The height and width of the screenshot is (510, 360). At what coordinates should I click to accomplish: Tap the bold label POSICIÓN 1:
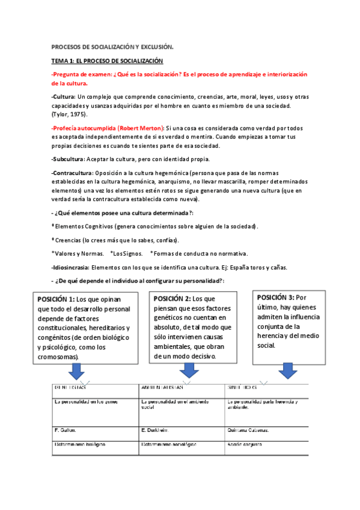tap(56, 300)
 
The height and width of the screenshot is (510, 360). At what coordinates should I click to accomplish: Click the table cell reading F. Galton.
tap(66, 430)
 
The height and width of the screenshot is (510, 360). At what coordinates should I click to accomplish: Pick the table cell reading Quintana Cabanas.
tap(248, 430)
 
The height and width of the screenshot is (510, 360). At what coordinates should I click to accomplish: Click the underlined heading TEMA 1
tap(107, 61)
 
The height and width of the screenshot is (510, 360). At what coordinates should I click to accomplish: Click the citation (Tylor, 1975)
tap(70, 114)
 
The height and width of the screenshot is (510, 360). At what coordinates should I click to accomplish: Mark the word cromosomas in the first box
tap(59, 357)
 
